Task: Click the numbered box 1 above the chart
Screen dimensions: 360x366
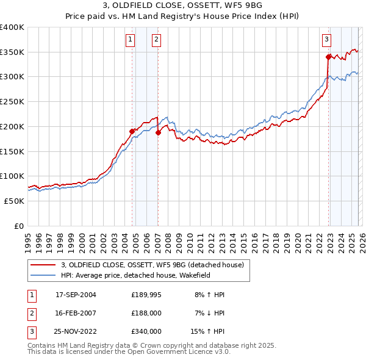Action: (131, 40)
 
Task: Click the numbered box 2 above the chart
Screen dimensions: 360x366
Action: (157, 40)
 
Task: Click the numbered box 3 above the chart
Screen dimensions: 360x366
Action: (326, 40)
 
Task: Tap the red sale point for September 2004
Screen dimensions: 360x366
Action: (132, 131)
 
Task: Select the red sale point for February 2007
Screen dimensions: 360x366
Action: (158, 132)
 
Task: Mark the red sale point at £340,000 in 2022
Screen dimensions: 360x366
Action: (328, 57)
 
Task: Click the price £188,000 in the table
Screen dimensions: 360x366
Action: (146, 313)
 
